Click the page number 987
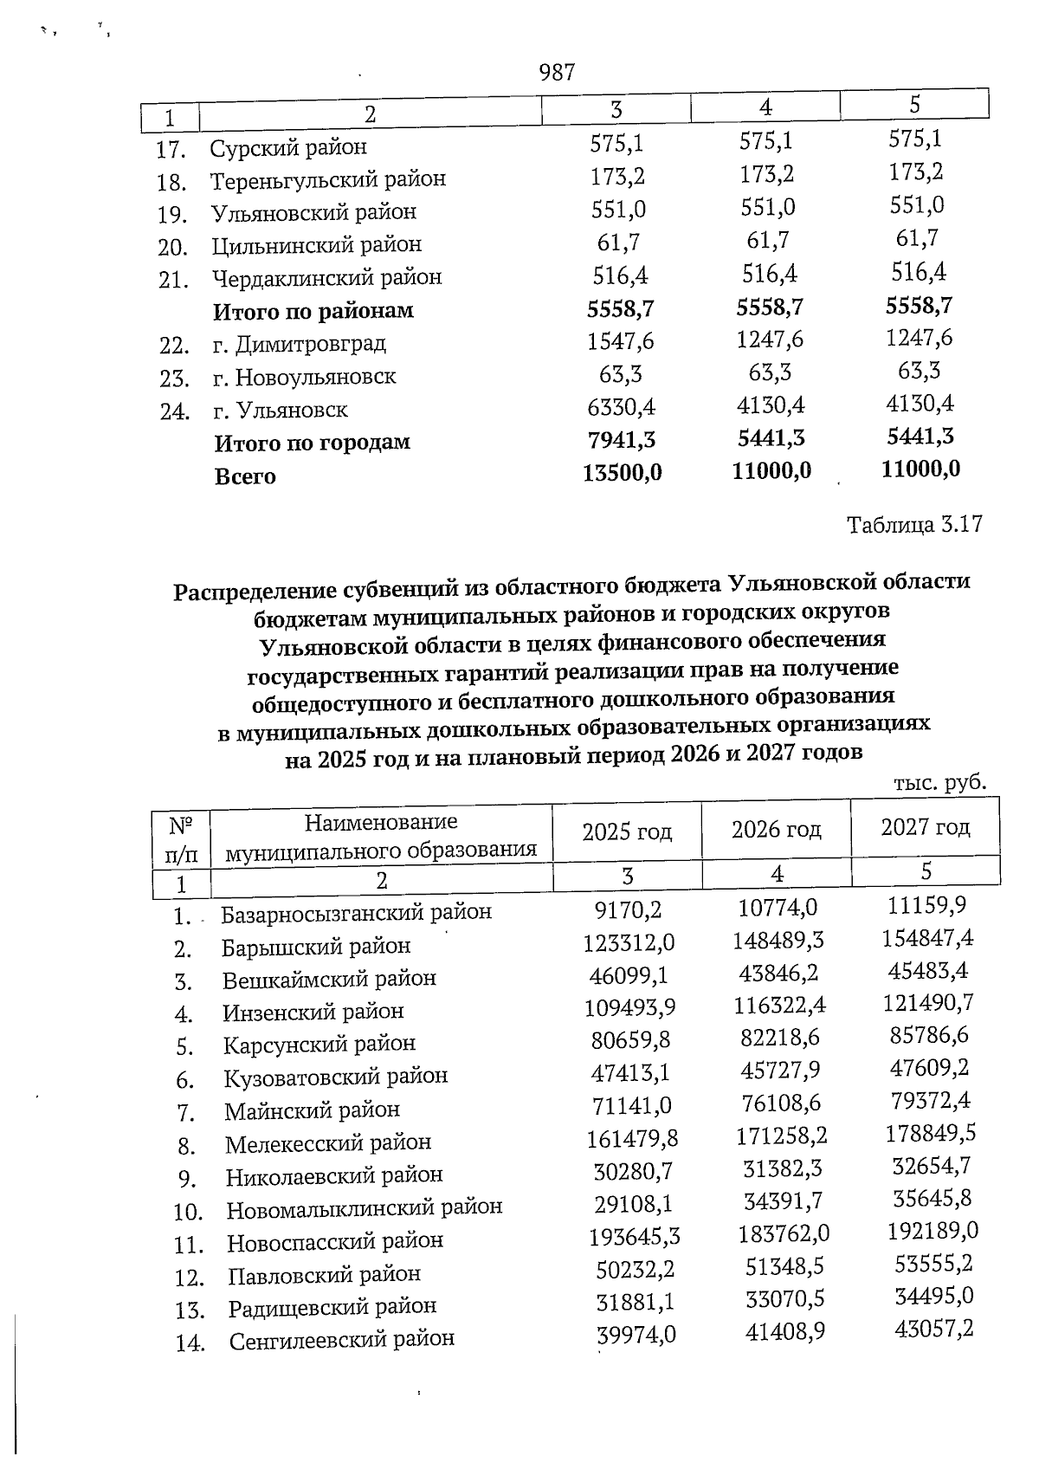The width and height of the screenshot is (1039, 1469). click(557, 73)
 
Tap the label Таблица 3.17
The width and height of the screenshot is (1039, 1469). click(914, 525)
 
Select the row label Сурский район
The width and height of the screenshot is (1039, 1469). click(288, 147)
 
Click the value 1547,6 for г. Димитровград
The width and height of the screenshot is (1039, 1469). click(620, 341)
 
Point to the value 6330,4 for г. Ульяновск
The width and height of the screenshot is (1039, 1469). click(621, 407)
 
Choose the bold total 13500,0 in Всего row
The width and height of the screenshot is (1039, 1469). click(622, 473)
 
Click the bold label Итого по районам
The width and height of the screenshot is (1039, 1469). click(313, 310)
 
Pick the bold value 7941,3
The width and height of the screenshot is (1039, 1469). click(621, 440)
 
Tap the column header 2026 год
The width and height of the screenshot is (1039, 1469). click(776, 830)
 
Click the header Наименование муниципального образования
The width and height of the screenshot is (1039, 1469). click(381, 837)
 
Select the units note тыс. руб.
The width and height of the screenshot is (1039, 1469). click(939, 782)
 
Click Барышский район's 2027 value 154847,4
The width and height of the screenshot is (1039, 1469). click(928, 938)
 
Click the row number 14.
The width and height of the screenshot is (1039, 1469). click(190, 1343)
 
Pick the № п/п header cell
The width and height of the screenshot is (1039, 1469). click(181, 837)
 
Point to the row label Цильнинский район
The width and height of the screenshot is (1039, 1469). click(316, 245)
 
